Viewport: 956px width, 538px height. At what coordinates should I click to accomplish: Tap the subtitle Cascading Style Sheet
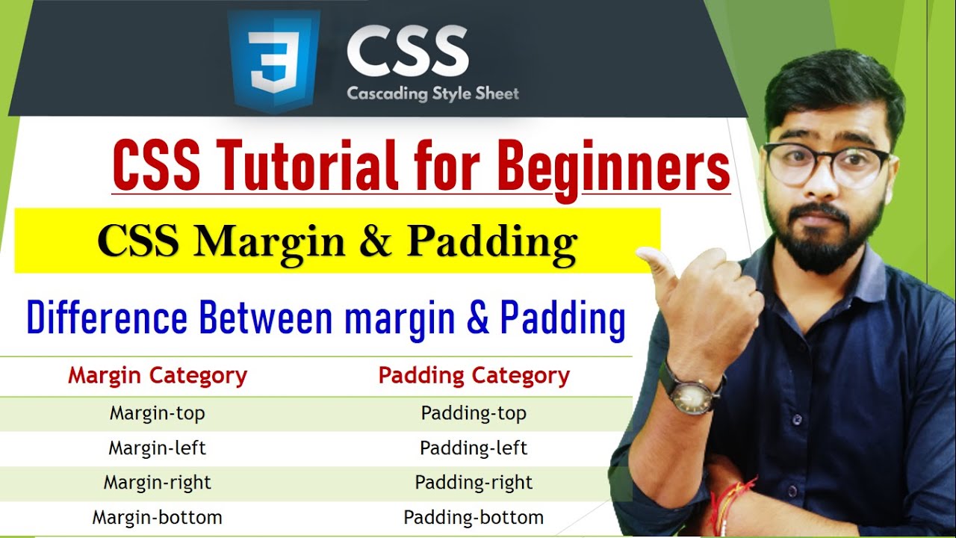432,94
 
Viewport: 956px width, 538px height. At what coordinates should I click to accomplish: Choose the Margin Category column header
158,376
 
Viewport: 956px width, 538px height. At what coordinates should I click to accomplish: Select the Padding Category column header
474,376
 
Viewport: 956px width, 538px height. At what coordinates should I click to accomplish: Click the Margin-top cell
157,413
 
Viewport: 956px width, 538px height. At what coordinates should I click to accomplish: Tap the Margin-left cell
157,448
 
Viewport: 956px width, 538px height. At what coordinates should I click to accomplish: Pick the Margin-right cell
157,483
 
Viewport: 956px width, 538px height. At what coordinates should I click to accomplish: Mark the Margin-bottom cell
157,517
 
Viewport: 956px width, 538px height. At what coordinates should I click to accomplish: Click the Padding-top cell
474,413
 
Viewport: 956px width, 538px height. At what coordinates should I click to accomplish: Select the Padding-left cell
474,448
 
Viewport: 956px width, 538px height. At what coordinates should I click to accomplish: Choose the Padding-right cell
474,483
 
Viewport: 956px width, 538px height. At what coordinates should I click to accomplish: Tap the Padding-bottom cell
474,517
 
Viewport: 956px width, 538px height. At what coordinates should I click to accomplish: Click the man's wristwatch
690,392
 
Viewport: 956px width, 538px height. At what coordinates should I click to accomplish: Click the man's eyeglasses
826,163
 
